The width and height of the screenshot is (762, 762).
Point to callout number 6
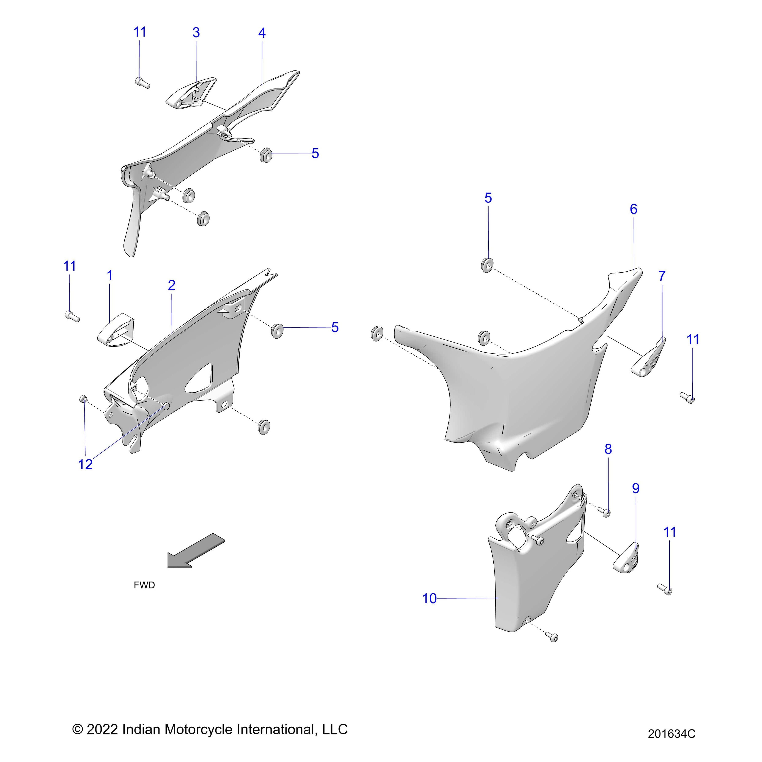coord(634,209)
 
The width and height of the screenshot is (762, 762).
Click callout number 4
coord(262,33)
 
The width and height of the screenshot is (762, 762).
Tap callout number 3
coord(196,33)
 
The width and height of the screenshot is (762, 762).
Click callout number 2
coord(172,285)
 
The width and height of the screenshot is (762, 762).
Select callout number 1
coord(110,275)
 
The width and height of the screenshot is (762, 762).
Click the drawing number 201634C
coord(671,734)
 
